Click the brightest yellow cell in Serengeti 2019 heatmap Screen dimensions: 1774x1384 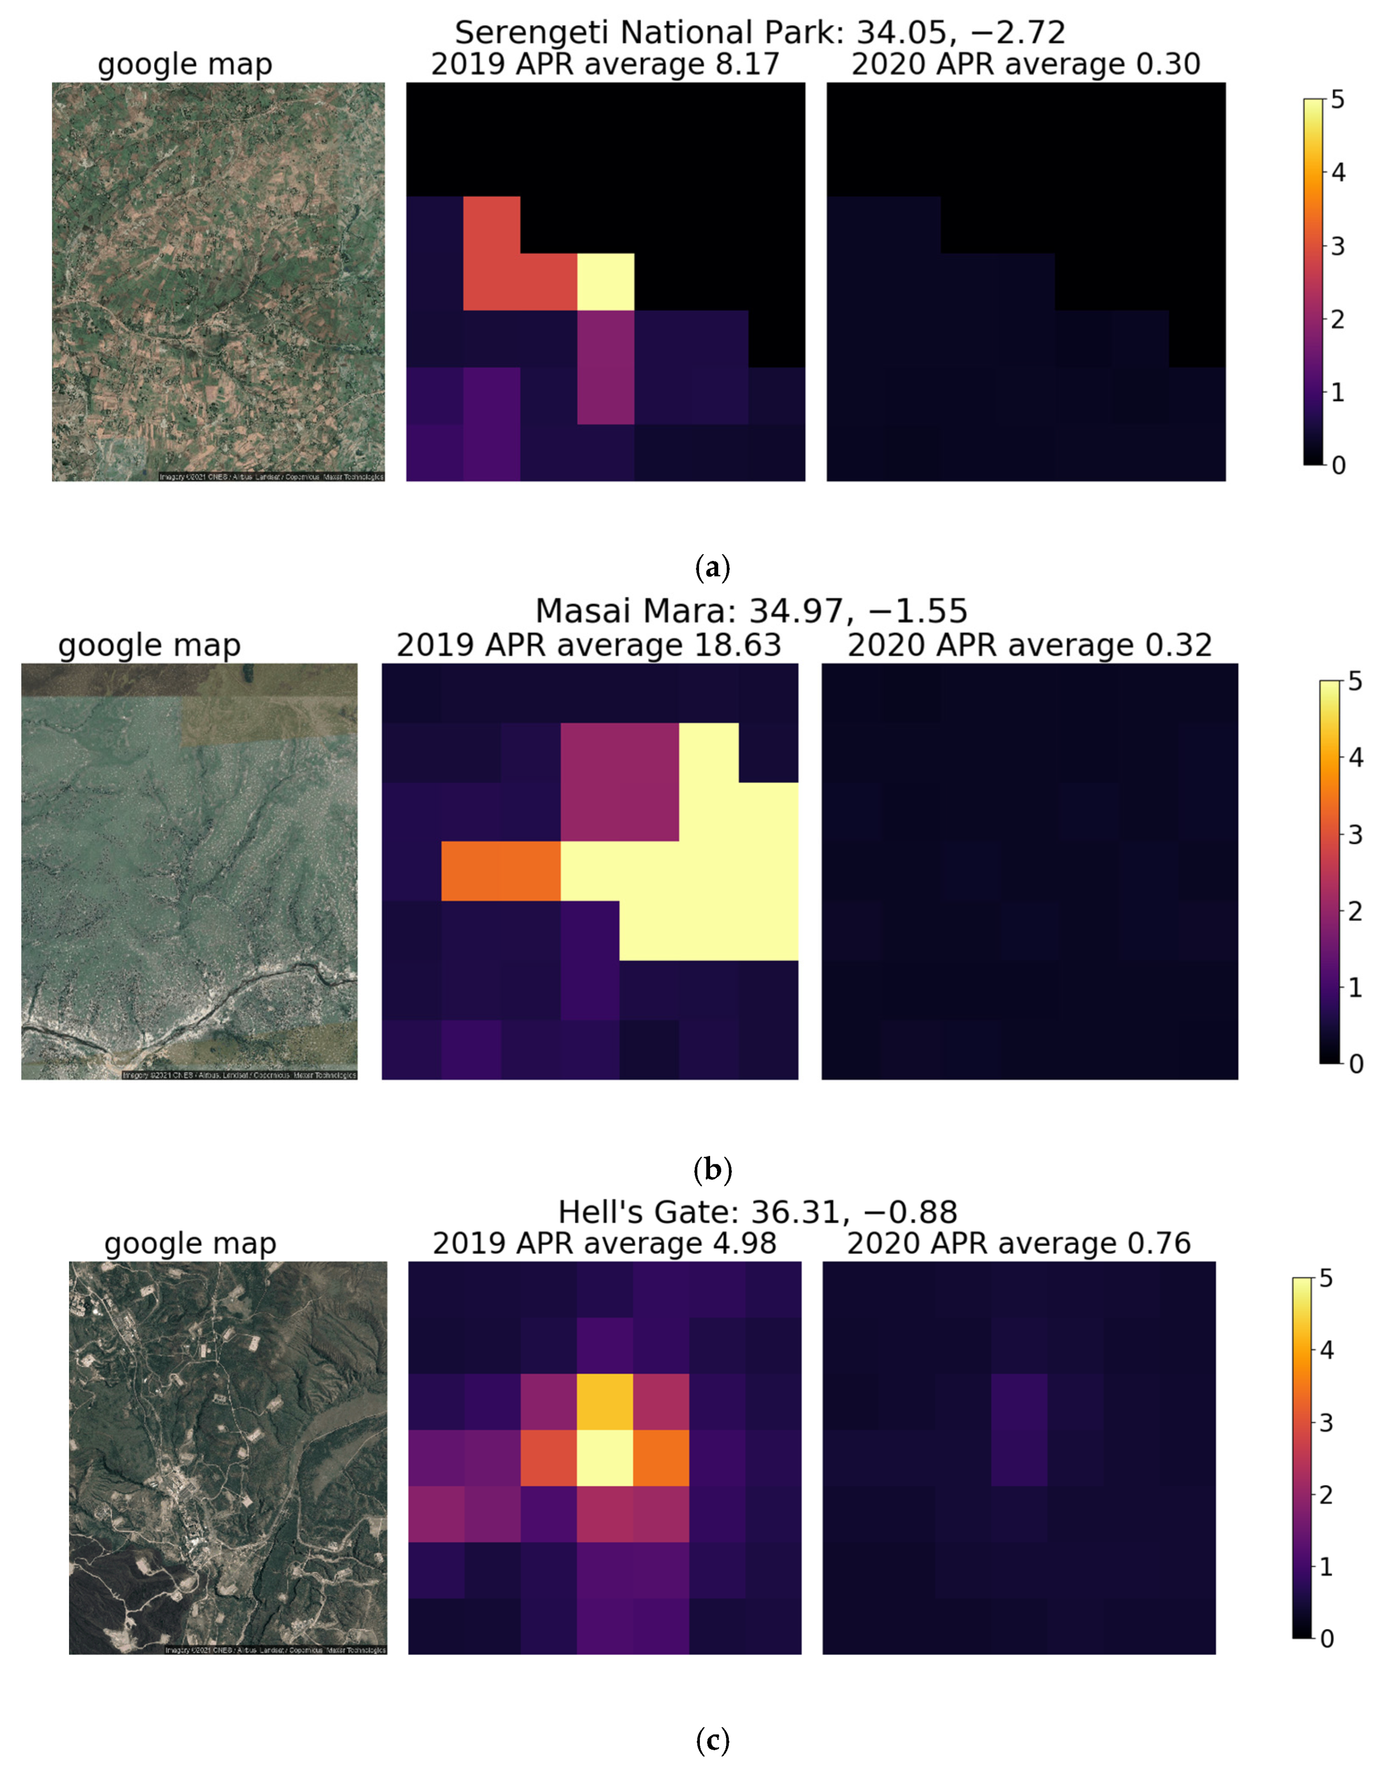coord(605,281)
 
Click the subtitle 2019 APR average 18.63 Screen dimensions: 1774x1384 coord(588,645)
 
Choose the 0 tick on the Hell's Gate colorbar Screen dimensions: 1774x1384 coord(1326,1638)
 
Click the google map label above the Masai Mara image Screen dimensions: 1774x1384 coord(149,645)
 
